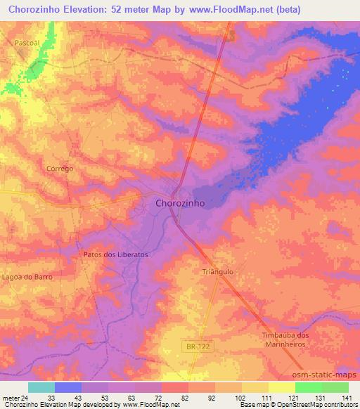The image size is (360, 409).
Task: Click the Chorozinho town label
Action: click(179, 202)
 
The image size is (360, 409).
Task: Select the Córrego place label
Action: click(60, 169)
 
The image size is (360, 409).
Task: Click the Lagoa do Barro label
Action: click(27, 277)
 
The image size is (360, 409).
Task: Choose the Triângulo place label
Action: click(217, 271)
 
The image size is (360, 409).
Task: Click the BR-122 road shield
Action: click(199, 346)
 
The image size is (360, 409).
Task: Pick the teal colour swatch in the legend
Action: click(41, 387)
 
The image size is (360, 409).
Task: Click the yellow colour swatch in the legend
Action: click(282, 387)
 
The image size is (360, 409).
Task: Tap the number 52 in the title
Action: click(131, 10)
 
